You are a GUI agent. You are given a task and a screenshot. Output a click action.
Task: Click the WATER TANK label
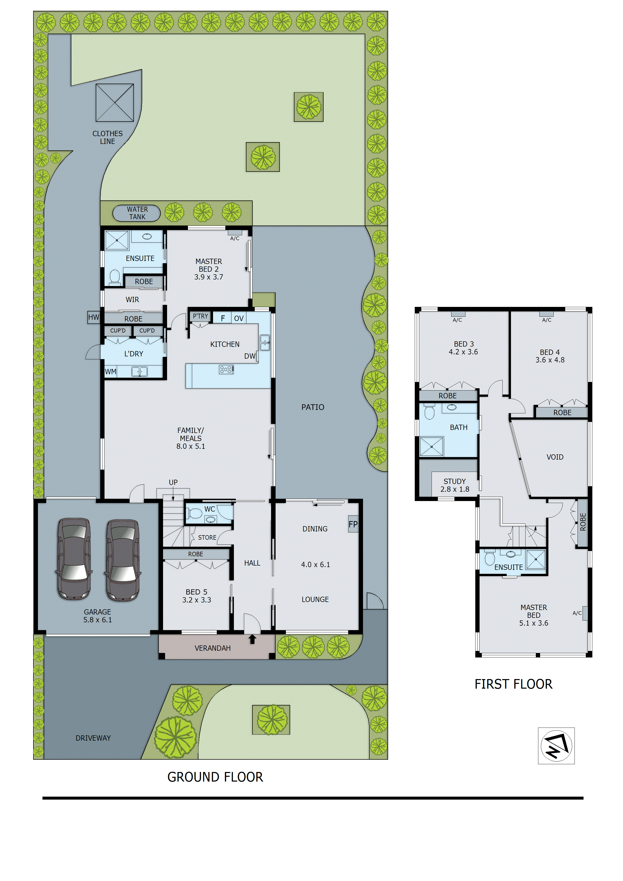point(137,213)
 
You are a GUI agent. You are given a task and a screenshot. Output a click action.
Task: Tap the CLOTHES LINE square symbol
point(115,102)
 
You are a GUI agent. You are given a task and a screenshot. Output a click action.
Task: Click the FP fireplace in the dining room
point(353,524)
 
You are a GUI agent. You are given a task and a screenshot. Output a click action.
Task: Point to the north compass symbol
point(556,746)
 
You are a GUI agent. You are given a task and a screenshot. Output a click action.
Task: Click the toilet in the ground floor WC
point(195,513)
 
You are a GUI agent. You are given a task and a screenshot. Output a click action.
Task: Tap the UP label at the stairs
point(173,482)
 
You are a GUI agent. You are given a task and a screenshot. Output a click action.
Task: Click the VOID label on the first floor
point(555,457)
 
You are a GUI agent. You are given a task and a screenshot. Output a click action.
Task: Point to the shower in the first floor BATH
point(432,447)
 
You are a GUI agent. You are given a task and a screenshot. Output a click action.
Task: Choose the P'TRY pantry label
point(200,316)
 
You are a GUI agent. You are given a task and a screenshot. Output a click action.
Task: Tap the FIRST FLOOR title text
point(513,684)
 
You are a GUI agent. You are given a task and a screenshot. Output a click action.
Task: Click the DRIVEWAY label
point(93,738)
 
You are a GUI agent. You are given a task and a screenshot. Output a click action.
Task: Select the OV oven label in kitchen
point(239,318)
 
